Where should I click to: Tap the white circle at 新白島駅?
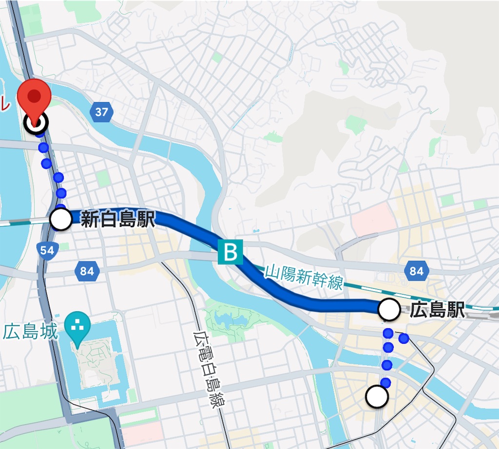(61, 220)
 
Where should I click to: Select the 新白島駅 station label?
(117, 220)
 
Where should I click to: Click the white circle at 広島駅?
(389, 310)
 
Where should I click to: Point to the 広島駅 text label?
(437, 310)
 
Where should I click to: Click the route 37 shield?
(101, 112)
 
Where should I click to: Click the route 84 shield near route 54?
(87, 271)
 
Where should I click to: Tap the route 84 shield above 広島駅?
(417, 271)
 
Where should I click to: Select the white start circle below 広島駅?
(377, 397)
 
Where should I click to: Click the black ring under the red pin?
(36, 123)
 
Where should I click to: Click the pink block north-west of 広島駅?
(373, 219)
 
